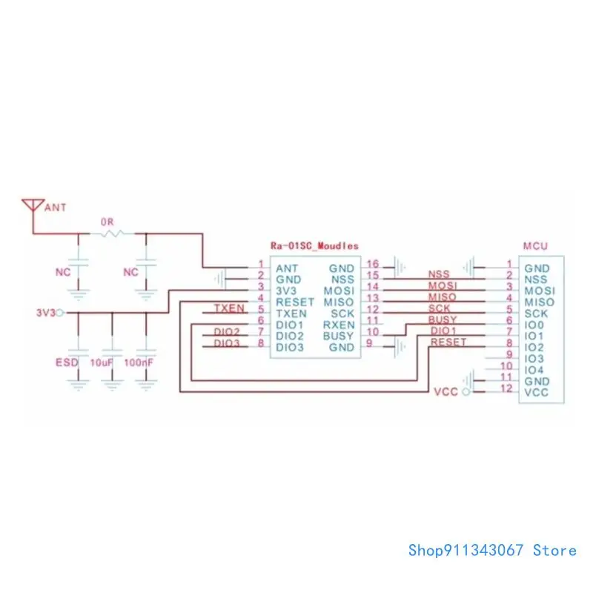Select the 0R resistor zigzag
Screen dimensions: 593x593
pos(113,234)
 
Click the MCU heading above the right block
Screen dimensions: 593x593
pos(535,245)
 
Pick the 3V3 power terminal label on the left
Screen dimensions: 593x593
pos(44,314)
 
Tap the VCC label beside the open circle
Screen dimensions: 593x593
pos(445,391)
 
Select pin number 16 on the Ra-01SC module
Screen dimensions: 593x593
pos(372,264)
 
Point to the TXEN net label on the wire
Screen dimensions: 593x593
pos(229,308)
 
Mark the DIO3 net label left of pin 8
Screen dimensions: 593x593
pos(227,343)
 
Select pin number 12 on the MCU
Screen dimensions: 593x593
pos(507,388)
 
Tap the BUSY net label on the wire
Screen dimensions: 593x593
pos(443,319)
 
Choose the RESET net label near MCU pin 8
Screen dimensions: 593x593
pos(448,342)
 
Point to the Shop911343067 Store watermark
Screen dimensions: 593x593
pos(492,550)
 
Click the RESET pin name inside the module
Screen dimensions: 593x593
pos(295,302)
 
